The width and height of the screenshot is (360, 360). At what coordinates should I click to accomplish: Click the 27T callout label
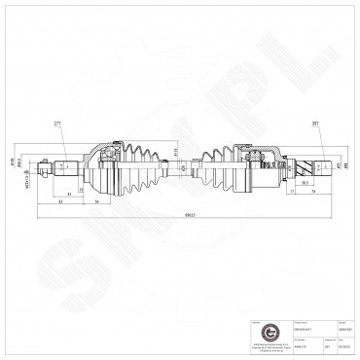(58, 125)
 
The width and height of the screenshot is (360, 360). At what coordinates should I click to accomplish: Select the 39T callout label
(288, 125)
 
